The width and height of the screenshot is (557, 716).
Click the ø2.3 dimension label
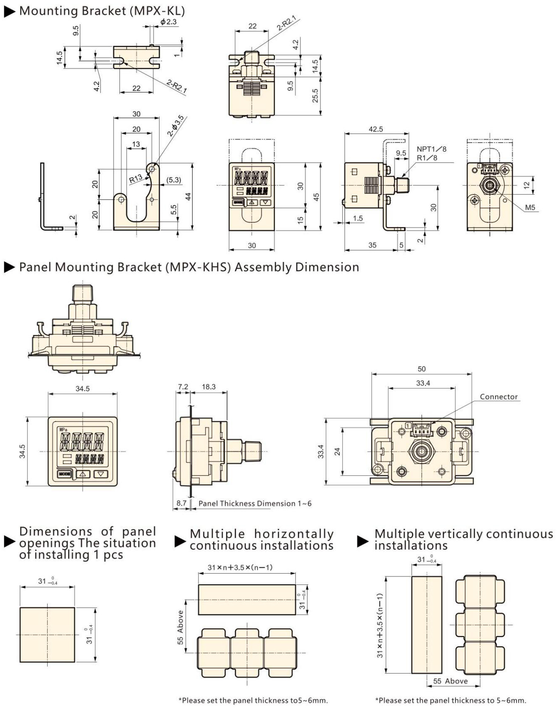[x=168, y=22]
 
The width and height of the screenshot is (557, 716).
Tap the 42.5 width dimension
[x=375, y=129]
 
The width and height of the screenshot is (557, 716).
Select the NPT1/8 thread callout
[x=431, y=149]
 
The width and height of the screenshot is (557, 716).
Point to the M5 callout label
[x=530, y=208]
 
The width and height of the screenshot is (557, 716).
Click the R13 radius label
[x=135, y=179]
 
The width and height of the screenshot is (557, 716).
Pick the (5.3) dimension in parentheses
[x=173, y=180]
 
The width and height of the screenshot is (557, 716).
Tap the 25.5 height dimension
[x=315, y=95]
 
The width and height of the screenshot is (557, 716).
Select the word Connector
[x=499, y=397]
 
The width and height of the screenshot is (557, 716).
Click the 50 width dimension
[x=422, y=369]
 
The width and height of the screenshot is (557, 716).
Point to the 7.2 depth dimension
[x=183, y=387]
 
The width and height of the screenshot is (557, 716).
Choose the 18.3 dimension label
[x=209, y=387]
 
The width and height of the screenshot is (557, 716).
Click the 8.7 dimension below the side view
[x=181, y=503]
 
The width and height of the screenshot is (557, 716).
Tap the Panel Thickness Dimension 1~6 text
[x=255, y=503]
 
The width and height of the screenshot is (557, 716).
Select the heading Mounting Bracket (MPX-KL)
[x=102, y=11]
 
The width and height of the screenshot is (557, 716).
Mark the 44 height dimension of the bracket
[x=188, y=196]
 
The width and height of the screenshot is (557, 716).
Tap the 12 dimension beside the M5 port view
[x=526, y=185]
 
